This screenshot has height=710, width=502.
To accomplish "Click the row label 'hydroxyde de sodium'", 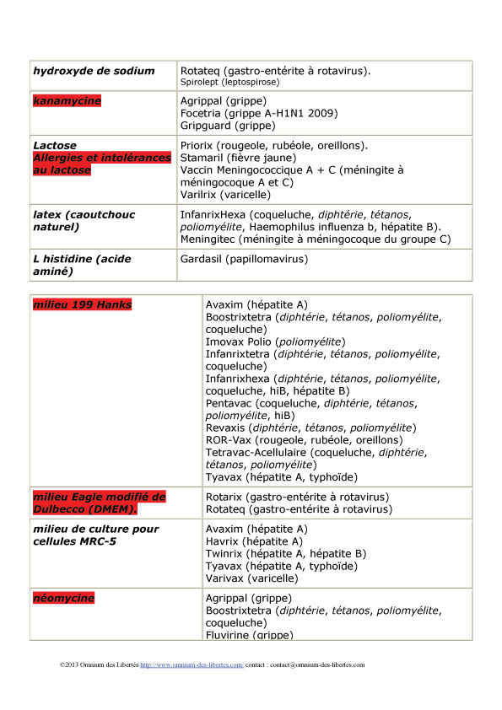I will (x=94, y=71).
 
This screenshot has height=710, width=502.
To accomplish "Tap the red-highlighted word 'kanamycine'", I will (x=67, y=101).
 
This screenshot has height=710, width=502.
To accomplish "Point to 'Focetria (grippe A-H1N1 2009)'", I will (x=254, y=114).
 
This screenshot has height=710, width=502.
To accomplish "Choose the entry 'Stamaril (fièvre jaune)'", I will (x=238, y=158).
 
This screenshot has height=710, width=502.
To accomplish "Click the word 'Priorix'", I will (x=199, y=145).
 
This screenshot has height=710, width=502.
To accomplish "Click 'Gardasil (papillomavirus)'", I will (x=244, y=259).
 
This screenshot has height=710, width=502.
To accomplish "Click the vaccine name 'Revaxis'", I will (x=227, y=428).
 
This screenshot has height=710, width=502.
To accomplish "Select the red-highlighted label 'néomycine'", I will (x=63, y=599).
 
